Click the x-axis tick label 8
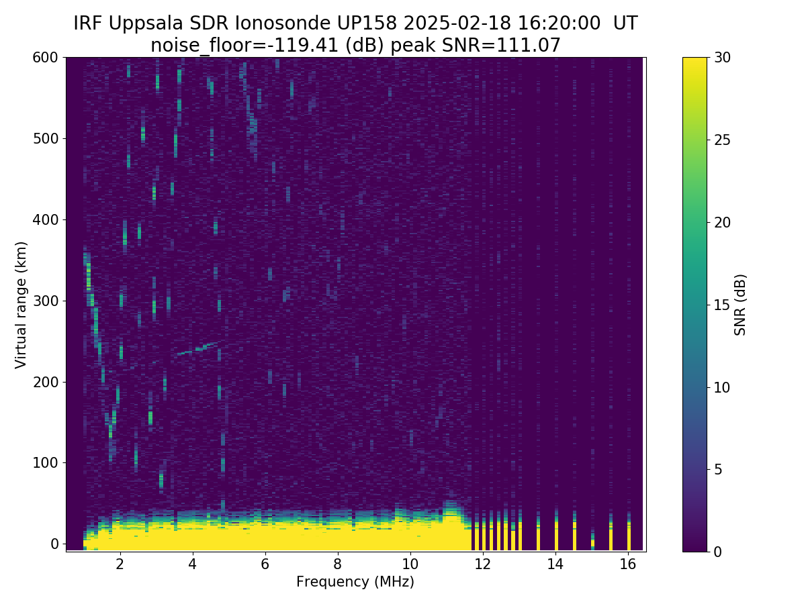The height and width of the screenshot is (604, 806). pos(337,564)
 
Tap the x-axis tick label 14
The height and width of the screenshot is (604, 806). pos(555,564)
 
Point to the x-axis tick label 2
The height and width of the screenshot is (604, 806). pos(120,564)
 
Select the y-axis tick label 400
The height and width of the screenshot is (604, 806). pos(45,219)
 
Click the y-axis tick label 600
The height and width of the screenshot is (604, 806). pos(45,58)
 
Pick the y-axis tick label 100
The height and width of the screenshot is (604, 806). pos(45,463)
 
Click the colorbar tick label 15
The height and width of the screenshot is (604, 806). pos(724,305)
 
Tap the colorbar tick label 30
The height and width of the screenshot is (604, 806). pos(724,58)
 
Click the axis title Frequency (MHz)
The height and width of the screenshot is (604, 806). pos(355,582)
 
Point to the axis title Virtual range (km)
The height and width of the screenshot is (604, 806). pos(21,304)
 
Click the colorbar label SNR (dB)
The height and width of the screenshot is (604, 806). pos(740,304)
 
